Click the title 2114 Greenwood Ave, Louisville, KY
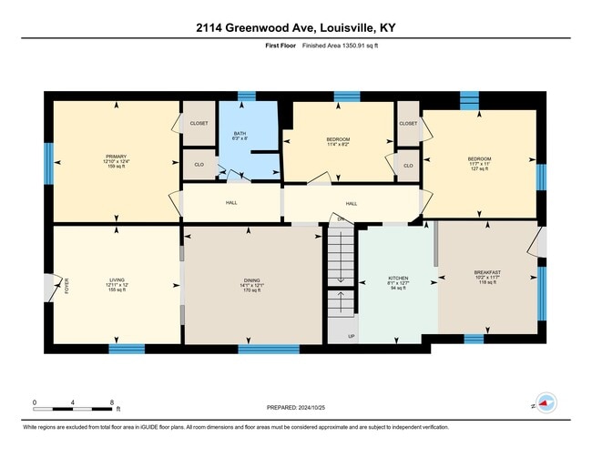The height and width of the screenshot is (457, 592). [296, 27]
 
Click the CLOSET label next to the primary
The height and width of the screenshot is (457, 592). [199, 123]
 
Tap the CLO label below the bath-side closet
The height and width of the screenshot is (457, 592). [199, 165]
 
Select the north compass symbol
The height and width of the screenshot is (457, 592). [546, 401]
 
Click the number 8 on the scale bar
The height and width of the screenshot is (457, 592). [112, 401]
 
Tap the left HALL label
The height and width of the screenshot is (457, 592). [230, 202]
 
